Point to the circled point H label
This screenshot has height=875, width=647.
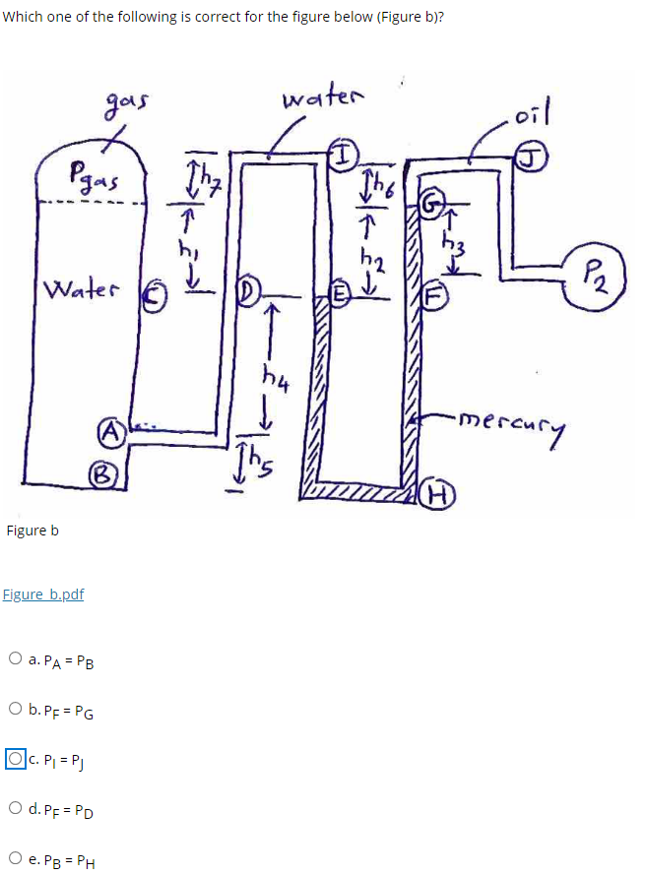click(433, 495)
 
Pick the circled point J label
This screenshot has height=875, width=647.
click(532, 154)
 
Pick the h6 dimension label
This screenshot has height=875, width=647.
click(377, 184)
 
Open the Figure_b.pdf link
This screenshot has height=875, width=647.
click(43, 594)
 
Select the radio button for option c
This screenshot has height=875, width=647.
click(15, 759)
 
